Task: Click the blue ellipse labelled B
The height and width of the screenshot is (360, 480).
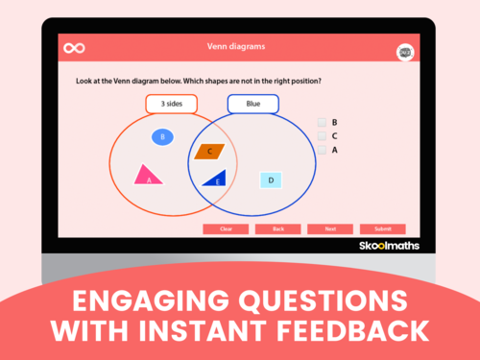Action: click(163, 137)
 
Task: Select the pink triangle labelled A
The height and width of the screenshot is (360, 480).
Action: click(147, 175)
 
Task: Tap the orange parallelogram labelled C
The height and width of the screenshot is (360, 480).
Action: click(209, 151)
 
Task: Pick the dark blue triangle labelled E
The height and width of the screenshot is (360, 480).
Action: click(215, 178)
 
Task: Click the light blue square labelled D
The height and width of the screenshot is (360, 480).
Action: click(271, 180)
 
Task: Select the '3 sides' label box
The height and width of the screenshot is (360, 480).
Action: click(171, 104)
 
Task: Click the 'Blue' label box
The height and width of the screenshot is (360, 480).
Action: click(252, 104)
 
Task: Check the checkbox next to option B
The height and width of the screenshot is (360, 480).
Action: click(323, 122)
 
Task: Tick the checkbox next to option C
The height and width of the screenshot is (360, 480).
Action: click(323, 136)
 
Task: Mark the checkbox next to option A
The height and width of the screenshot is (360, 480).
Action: click(323, 150)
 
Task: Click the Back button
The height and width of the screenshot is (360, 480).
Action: click(277, 229)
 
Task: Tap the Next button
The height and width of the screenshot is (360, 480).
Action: click(330, 229)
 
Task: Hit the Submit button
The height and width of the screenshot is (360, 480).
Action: click(382, 229)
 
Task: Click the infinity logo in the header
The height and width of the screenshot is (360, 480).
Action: click(74, 47)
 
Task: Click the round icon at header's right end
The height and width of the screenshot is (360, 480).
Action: click(405, 52)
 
